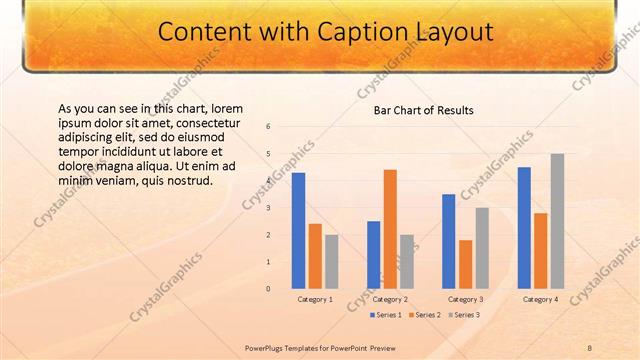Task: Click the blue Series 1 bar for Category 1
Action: [x=298, y=231]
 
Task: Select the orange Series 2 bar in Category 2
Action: [x=390, y=229]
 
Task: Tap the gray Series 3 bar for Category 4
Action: [x=557, y=221]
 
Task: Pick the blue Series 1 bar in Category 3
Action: [x=448, y=241]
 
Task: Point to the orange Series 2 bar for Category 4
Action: [x=540, y=251]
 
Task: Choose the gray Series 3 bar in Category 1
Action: [x=332, y=262]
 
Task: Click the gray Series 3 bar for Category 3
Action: [x=482, y=248]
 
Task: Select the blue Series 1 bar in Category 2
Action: [x=373, y=255]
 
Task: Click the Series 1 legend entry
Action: [x=387, y=315]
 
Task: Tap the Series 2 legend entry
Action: [x=426, y=315]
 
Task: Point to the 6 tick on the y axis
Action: [x=269, y=126]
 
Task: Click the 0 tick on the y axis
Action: [x=269, y=289]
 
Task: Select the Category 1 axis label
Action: [x=315, y=299]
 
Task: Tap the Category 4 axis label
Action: [x=540, y=299]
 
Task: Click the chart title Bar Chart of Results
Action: [x=424, y=110]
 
